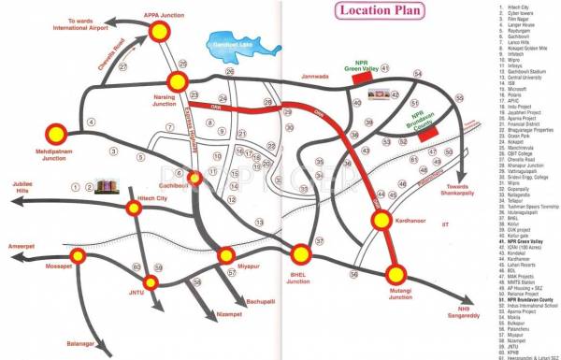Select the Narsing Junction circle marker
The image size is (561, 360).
(178, 81)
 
